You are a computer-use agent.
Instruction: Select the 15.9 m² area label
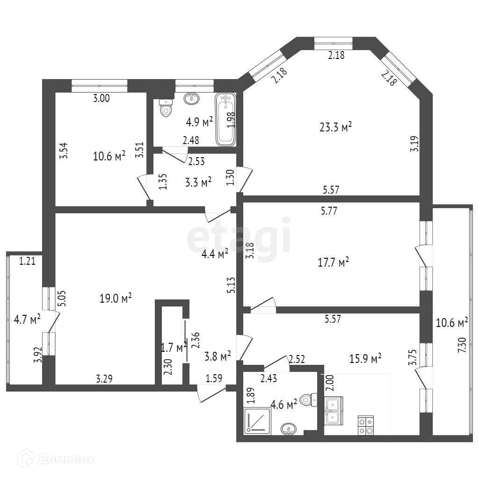[x=365, y=358]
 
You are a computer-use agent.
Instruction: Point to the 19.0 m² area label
[x=115, y=298]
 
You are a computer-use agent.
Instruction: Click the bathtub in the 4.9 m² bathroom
[x=226, y=119]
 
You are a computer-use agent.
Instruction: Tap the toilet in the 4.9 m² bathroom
[x=165, y=109]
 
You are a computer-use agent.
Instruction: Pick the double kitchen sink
[x=334, y=410]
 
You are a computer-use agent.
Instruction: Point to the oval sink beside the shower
[x=288, y=428]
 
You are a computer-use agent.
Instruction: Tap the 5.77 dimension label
[x=329, y=210]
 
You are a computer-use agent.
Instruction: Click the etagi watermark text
[x=239, y=239]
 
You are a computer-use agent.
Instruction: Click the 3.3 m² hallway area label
[x=199, y=181]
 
